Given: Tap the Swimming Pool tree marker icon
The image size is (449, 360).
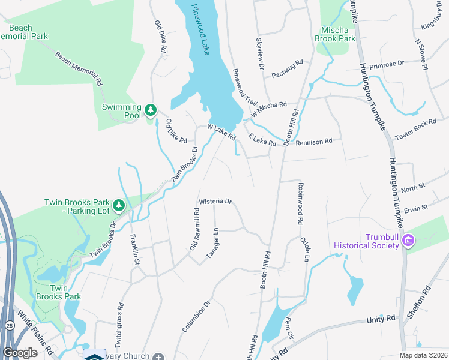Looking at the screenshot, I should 150,110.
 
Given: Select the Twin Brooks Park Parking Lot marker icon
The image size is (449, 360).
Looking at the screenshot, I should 119,206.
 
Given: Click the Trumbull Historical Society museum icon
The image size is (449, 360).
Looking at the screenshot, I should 408,240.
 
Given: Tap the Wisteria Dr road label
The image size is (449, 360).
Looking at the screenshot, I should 215,202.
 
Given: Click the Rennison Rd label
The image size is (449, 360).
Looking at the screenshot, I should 315,142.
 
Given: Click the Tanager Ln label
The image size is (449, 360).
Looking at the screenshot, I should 211,243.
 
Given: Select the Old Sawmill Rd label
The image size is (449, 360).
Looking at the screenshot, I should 194,229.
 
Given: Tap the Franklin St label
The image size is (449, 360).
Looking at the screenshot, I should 136,254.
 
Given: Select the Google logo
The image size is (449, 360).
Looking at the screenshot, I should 20,353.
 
